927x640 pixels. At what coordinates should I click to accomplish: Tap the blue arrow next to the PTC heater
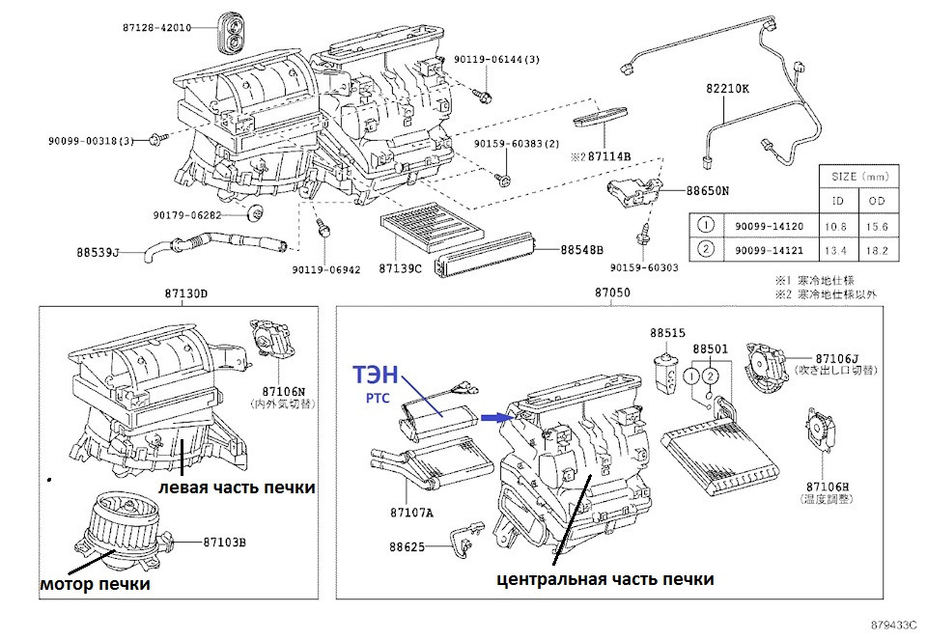[494, 417]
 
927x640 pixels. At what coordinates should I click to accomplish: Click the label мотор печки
[95, 584]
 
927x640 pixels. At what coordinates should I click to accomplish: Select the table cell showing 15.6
[878, 226]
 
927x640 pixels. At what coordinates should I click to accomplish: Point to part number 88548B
[581, 249]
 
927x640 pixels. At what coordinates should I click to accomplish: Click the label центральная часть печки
[605, 579]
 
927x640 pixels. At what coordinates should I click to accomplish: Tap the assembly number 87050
[611, 292]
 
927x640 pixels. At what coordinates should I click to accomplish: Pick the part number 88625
[406, 546]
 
